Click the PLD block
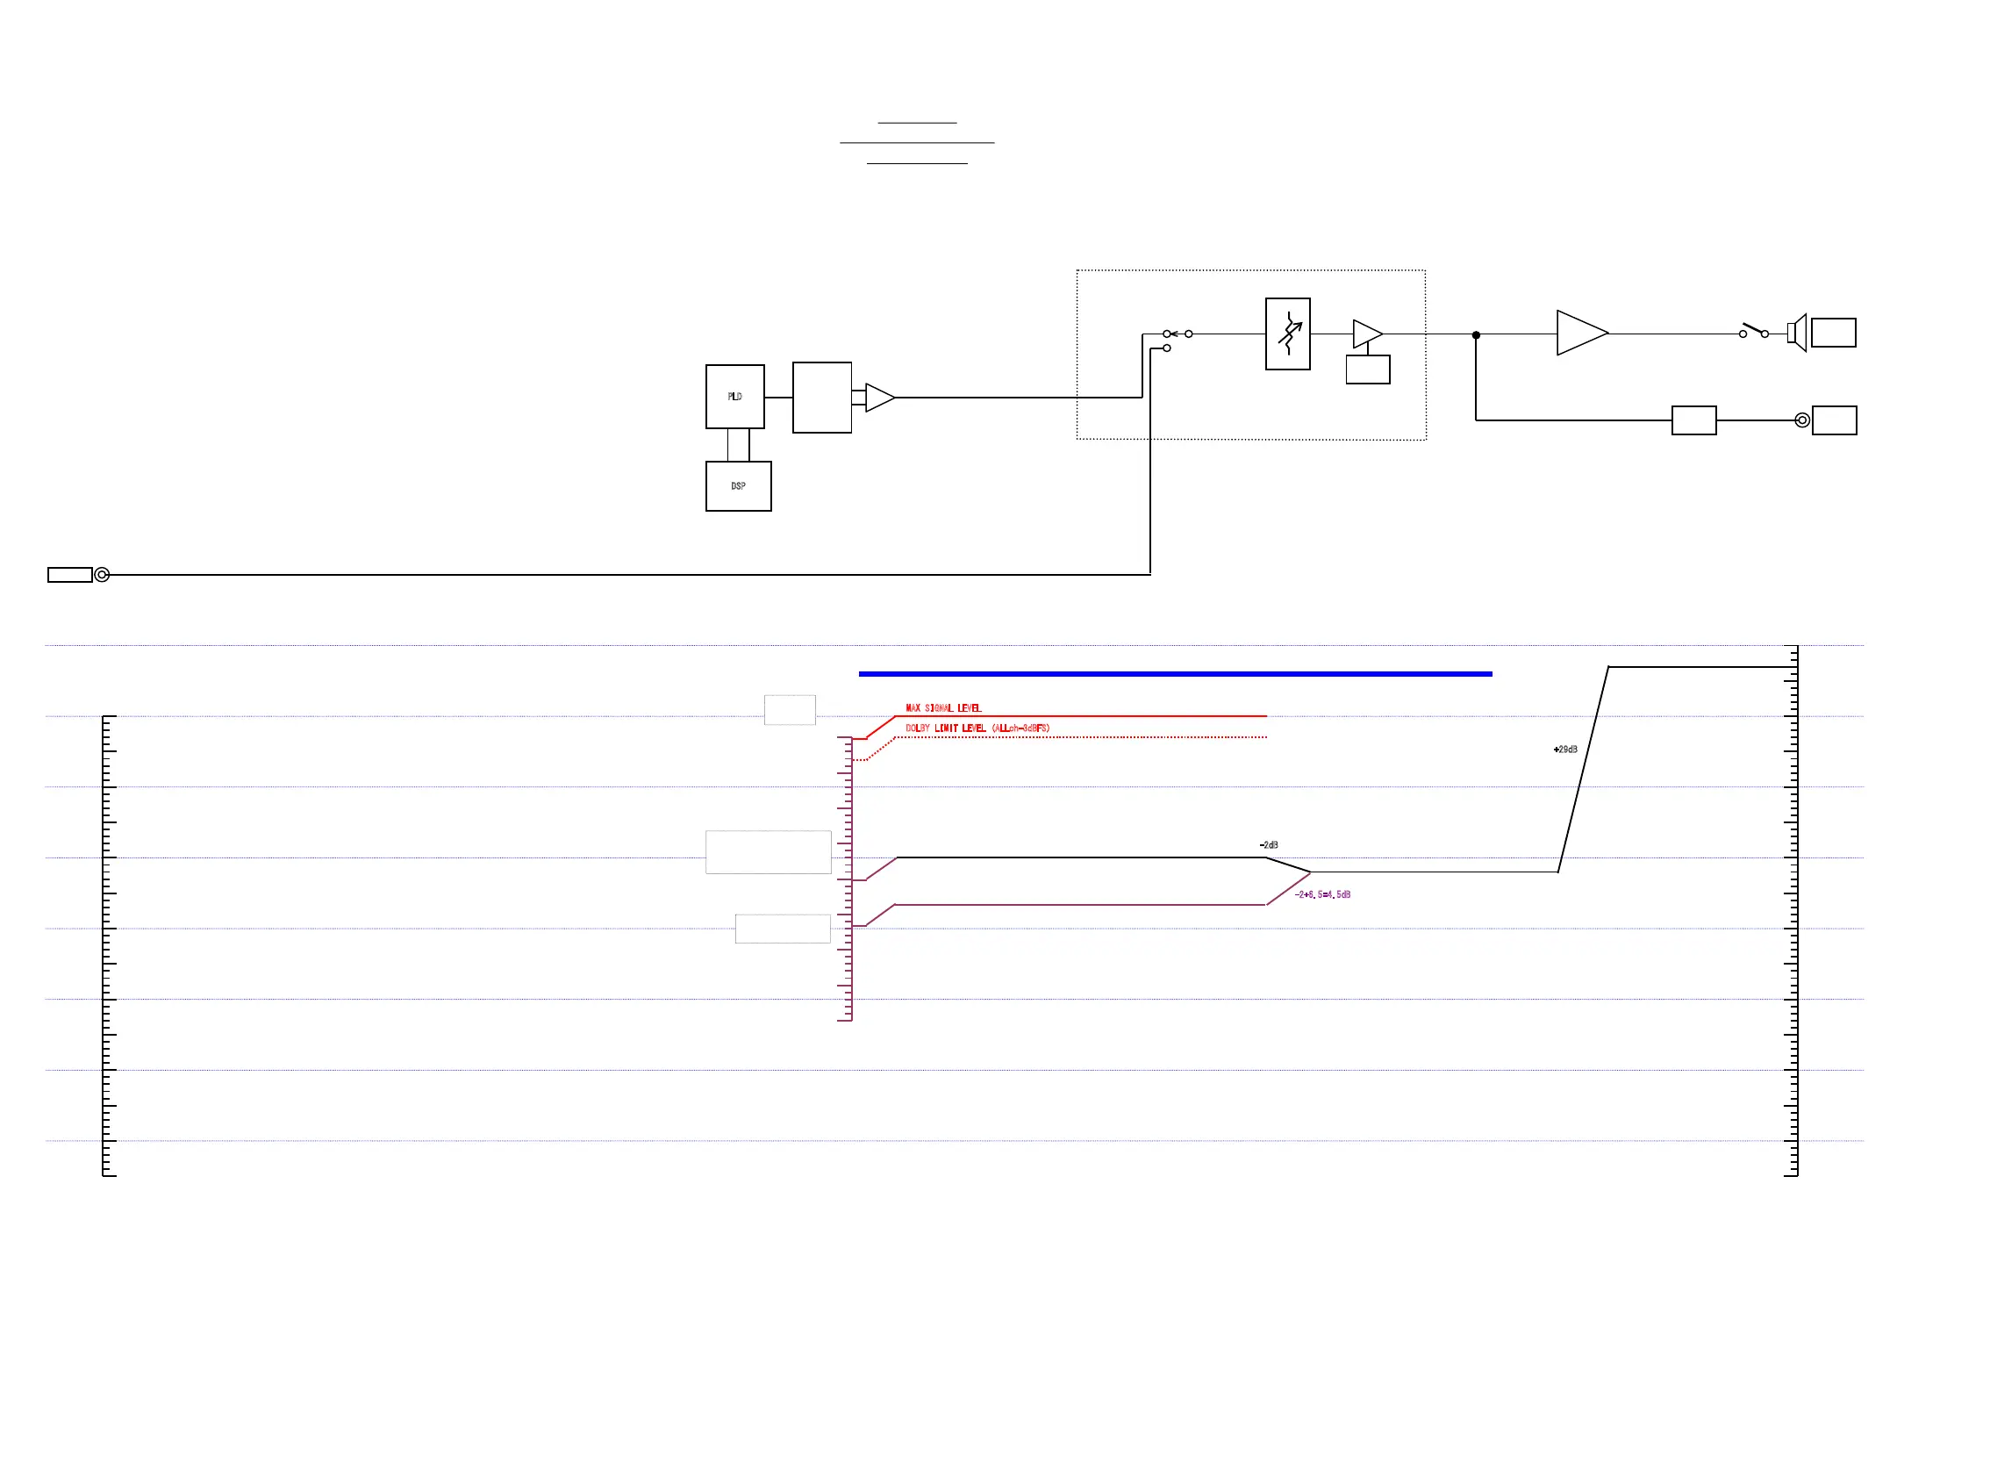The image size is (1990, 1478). pyautogui.click(x=734, y=397)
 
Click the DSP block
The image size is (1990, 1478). pyautogui.click(x=738, y=486)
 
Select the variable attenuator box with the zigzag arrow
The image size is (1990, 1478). pyautogui.click(x=1287, y=334)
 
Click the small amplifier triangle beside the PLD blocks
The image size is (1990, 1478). pyautogui.click(x=878, y=398)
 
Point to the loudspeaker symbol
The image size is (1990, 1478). pyautogui.click(x=1797, y=333)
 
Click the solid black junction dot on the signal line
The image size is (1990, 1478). pyautogui.click(x=1476, y=334)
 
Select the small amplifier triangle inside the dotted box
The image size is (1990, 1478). pyautogui.click(x=1366, y=334)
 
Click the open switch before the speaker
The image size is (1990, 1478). pyautogui.click(x=1753, y=330)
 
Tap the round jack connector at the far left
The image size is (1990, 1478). pyautogui.click(x=102, y=574)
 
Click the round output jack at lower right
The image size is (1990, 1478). pyautogui.click(x=1802, y=420)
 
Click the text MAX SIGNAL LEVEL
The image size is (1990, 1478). pyautogui.click(x=942, y=707)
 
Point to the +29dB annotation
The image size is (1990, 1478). pyautogui.click(x=1565, y=750)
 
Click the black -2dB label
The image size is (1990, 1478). pyautogui.click(x=1268, y=845)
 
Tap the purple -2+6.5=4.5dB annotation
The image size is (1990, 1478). pyautogui.click(x=1322, y=894)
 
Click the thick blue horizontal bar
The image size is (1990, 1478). pyautogui.click(x=1174, y=674)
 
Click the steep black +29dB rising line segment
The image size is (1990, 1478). pyautogui.click(x=1583, y=770)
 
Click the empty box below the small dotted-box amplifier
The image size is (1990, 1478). pyautogui.click(x=1368, y=369)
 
